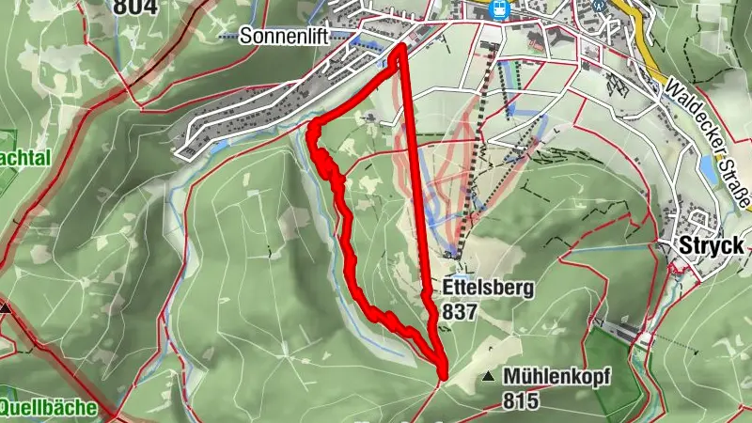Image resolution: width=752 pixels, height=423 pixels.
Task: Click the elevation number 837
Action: point(463,311)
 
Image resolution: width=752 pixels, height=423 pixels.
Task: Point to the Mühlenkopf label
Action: point(557,377)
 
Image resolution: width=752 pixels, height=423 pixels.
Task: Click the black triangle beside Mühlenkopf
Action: point(489,377)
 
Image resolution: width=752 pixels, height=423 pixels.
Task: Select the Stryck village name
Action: point(711,246)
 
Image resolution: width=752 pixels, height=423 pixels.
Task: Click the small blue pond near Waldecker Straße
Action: point(709,170)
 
